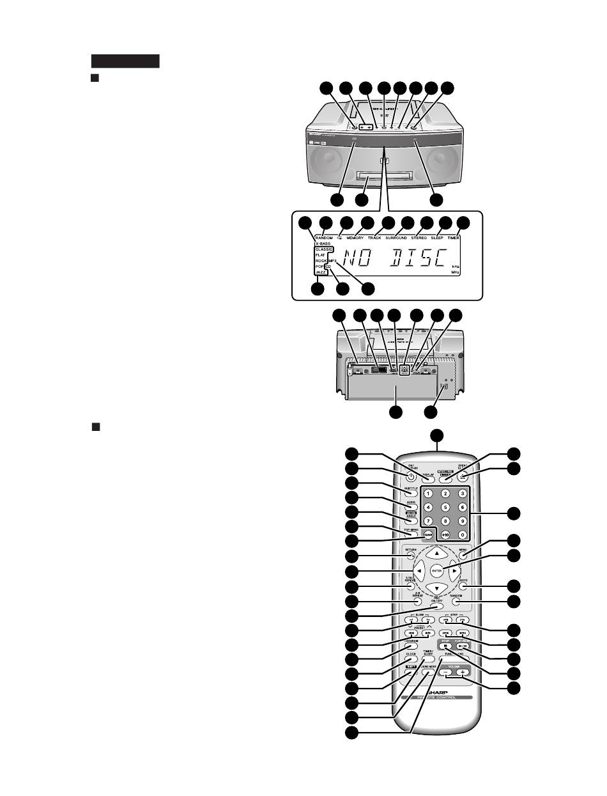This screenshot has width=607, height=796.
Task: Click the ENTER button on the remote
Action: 437,570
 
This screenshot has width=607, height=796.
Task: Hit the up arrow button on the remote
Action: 437,552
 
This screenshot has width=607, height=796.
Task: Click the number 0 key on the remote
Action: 461,534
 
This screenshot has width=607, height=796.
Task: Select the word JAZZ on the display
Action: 321,272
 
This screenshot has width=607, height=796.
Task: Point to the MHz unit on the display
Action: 456,272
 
